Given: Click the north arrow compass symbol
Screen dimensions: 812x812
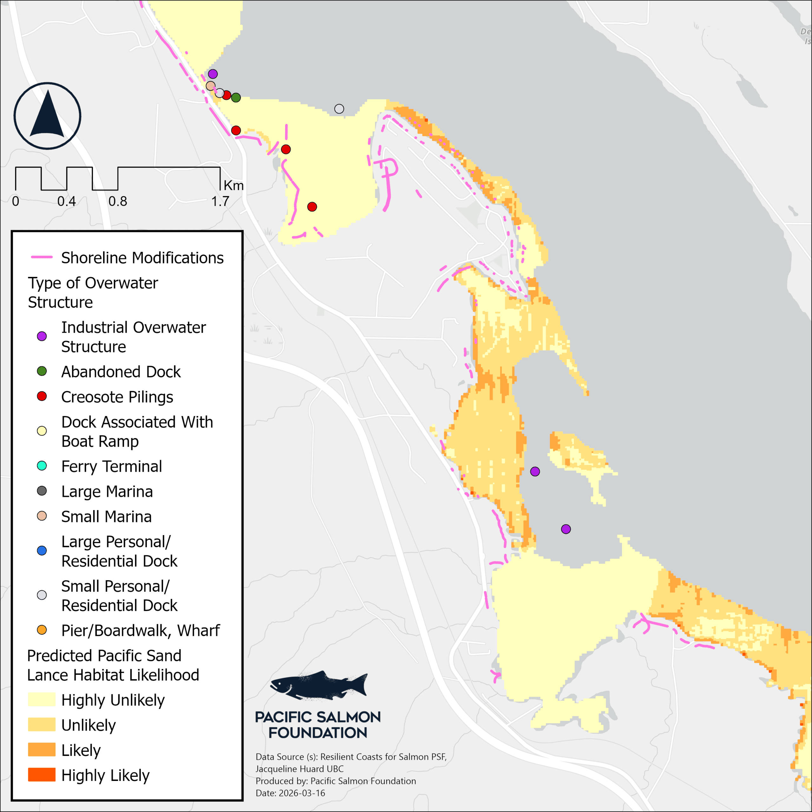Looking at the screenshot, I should coord(48,115).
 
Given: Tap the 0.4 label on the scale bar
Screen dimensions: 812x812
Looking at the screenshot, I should coord(66,201).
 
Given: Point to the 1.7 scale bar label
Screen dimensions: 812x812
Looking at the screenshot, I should coord(220,201).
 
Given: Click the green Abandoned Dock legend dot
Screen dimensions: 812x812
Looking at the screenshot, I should coord(42,371).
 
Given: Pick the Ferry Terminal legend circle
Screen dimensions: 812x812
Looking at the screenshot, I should coord(42,466).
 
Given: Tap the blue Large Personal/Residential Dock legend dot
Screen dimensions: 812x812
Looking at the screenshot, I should coord(42,551).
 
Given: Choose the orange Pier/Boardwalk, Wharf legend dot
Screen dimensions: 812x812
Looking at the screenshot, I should coord(42,630).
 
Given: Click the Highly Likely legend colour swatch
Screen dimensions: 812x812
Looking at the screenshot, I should coord(42,775).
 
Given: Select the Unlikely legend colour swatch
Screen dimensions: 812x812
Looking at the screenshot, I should coord(42,724).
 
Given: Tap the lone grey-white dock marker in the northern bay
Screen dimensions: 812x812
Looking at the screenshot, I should coord(339,109).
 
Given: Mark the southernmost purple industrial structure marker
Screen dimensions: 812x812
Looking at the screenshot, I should coord(566,529).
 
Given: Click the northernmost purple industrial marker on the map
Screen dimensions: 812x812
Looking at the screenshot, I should coord(213,74).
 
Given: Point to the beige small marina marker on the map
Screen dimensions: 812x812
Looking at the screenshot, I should coord(210,86).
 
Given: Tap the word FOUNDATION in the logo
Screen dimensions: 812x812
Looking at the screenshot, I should coord(318,733).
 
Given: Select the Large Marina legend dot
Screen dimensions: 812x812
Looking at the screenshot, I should coord(42,491).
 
